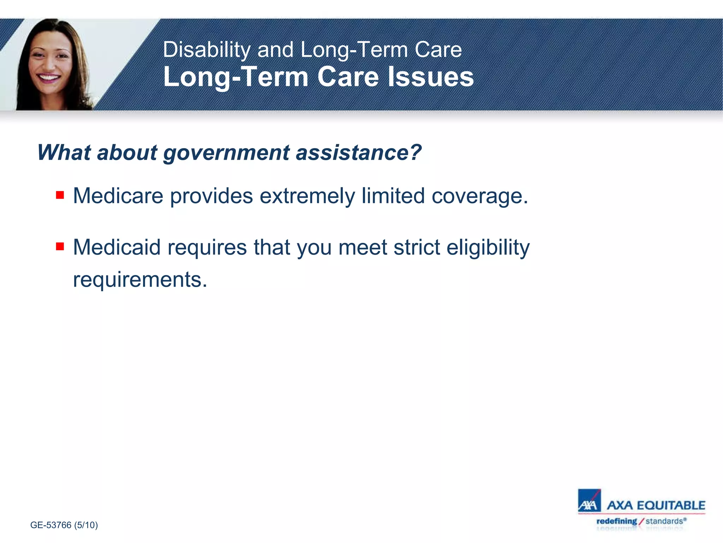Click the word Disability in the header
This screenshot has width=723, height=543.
(x=207, y=49)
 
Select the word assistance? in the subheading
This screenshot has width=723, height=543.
(x=358, y=153)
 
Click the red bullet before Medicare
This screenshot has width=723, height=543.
(x=60, y=195)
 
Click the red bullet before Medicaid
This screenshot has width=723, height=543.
(x=60, y=246)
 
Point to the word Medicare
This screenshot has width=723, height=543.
(x=118, y=196)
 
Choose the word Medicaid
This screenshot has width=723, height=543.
(x=117, y=247)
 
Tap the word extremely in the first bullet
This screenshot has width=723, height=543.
(x=307, y=197)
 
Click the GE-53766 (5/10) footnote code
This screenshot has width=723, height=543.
(x=64, y=525)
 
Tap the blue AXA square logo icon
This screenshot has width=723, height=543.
(x=589, y=501)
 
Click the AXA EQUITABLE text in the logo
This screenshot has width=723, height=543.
(x=656, y=505)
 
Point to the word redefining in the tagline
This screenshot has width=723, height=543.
(x=616, y=521)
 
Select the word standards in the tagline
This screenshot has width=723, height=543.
(x=664, y=521)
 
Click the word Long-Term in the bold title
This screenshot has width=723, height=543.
(x=236, y=77)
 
